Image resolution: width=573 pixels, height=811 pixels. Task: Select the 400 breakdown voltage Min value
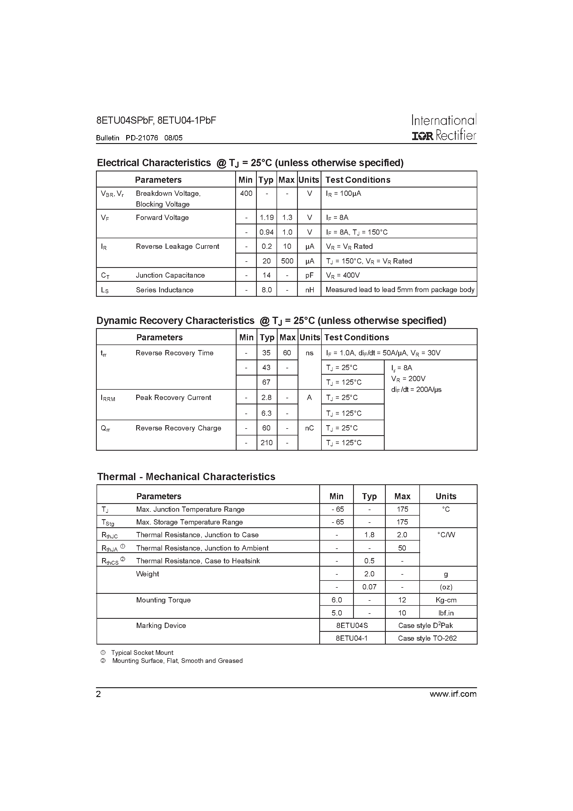(246, 194)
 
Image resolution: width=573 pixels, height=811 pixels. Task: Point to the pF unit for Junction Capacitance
(309, 275)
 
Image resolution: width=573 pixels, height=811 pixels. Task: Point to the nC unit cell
(309, 428)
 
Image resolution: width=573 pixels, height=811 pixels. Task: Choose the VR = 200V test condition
(408, 379)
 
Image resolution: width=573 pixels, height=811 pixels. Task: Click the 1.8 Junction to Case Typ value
(369, 535)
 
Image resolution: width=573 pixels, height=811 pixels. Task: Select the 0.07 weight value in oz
(369, 587)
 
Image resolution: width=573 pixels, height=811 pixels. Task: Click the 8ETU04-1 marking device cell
(352, 638)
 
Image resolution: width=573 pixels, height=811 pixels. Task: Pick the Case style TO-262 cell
(427, 638)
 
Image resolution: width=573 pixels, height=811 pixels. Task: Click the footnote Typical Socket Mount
(142, 653)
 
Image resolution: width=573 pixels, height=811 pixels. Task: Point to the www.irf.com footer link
(453, 694)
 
